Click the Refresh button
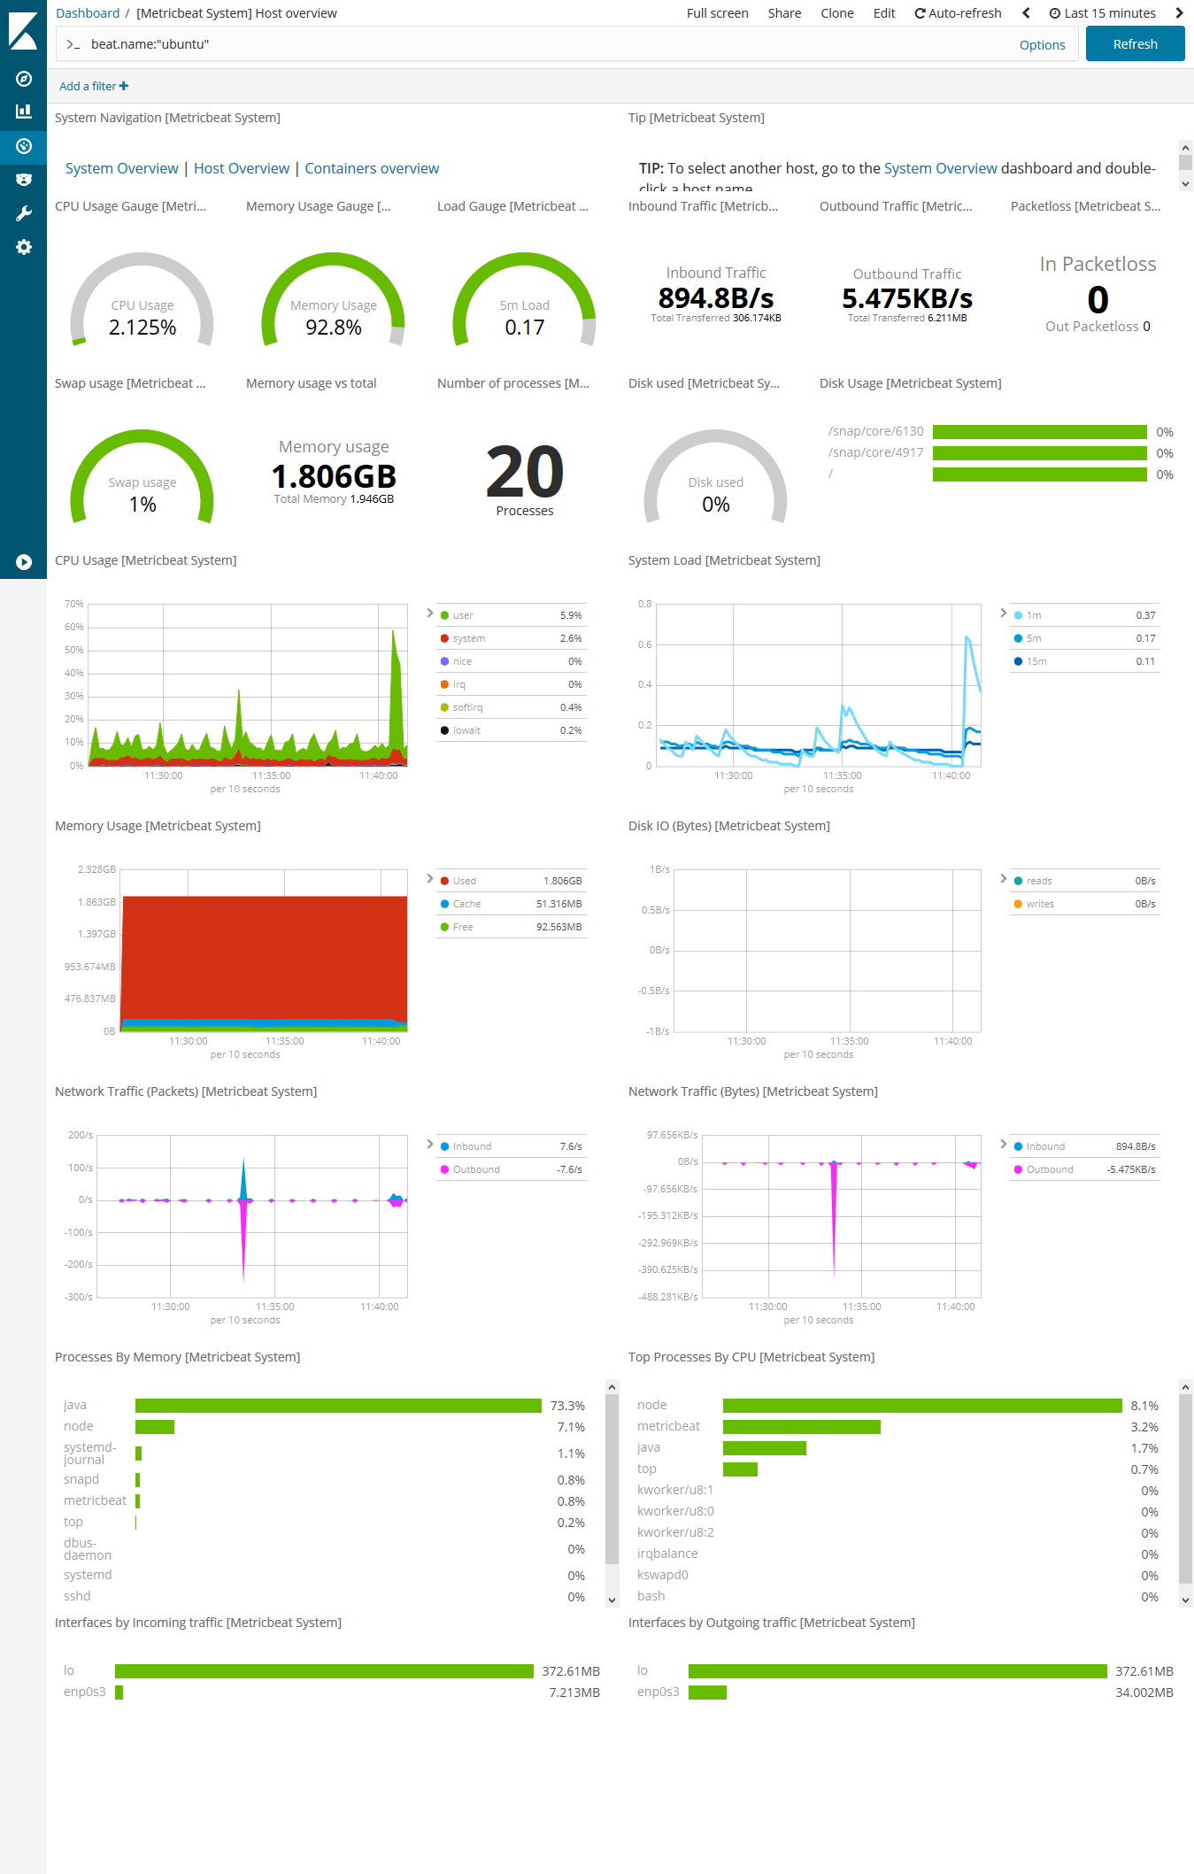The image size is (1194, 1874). (1135, 44)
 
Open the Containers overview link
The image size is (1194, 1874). (372, 168)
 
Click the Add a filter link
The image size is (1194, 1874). (93, 86)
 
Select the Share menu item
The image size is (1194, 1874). (784, 13)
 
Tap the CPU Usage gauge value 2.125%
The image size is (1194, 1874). (143, 328)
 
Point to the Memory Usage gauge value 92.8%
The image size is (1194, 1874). (334, 328)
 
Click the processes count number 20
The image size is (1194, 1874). (525, 473)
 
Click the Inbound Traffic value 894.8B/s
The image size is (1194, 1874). (716, 298)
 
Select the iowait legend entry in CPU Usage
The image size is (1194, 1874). (466, 730)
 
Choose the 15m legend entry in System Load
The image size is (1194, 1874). (1036, 661)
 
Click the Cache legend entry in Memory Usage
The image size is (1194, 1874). (466, 904)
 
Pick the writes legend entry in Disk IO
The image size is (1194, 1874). (1040, 904)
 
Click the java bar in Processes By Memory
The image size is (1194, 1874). (338, 1406)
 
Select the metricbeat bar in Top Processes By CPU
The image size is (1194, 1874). (801, 1427)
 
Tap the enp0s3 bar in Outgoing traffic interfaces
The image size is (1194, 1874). (707, 1693)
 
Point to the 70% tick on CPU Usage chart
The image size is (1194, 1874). (74, 604)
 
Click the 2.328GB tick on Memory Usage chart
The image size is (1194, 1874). (96, 869)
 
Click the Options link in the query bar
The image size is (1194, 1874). (1042, 45)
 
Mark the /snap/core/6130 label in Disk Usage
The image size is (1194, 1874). (875, 431)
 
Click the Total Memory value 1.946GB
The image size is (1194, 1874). (372, 499)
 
